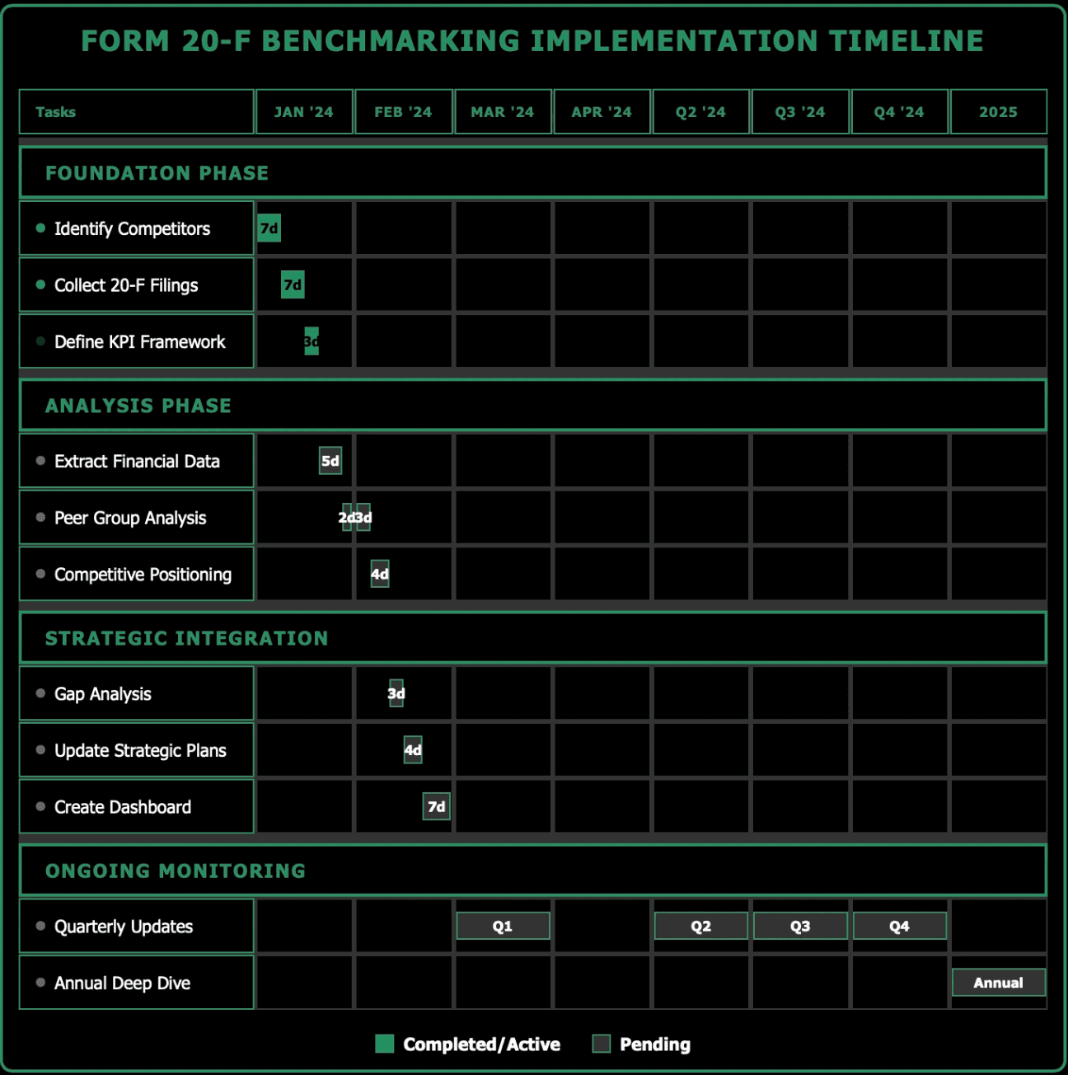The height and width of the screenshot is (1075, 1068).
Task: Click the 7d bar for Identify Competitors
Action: (269, 228)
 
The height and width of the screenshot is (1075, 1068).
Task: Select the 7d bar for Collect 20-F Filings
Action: (293, 285)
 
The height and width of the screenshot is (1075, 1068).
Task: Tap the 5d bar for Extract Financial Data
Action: (330, 461)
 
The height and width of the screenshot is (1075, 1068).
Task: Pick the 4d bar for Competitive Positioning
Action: (380, 574)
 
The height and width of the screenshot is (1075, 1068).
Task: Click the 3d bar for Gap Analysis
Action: (396, 693)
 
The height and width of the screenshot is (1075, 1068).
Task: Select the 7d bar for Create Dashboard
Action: (436, 807)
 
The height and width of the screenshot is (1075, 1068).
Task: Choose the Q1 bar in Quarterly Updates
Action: (503, 926)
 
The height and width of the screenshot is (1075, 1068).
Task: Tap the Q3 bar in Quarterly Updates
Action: (800, 926)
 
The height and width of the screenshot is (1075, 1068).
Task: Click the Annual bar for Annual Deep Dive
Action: (998, 983)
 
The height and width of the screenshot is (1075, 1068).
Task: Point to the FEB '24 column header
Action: (403, 111)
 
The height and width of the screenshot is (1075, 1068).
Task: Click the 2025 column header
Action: (998, 111)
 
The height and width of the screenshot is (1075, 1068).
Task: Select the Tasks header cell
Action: (137, 111)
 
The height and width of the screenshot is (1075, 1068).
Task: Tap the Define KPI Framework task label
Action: (139, 342)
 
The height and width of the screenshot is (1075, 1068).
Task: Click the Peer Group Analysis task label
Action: (130, 519)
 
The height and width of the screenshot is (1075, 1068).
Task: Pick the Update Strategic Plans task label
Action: (140, 751)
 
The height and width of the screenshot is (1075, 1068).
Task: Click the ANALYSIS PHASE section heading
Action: (138, 406)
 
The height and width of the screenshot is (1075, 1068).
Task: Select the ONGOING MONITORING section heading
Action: (176, 871)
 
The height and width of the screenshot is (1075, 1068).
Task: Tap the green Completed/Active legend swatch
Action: (384, 1044)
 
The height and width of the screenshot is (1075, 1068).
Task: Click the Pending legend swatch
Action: (602, 1044)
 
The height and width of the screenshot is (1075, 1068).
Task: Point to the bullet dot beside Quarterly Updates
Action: (40, 926)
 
